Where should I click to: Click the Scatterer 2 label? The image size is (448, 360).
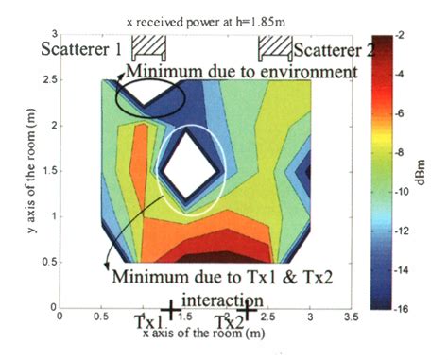point(333,49)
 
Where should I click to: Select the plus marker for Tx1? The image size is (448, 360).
point(170,309)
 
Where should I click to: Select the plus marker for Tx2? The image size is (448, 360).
point(247,309)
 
